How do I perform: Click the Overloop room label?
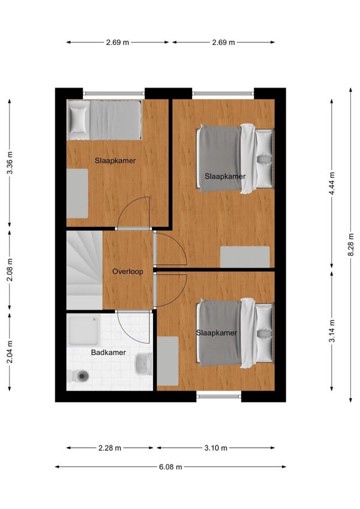(128, 271)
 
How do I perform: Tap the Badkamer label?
(108, 352)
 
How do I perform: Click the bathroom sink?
(143, 364)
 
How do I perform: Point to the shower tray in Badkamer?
(84, 331)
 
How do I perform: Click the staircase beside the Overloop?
(85, 270)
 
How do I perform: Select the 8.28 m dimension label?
(351, 244)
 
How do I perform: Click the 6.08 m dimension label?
(170, 467)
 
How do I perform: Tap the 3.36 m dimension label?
(10, 163)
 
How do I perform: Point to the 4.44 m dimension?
(332, 184)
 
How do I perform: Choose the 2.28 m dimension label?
(110, 448)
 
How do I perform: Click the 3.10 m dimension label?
(215, 448)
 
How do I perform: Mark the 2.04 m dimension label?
(10, 352)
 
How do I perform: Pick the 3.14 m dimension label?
(332, 331)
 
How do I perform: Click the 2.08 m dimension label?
(10, 270)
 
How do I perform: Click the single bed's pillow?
(78, 119)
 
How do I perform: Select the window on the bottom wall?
(219, 396)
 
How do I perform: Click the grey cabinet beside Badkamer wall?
(167, 361)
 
